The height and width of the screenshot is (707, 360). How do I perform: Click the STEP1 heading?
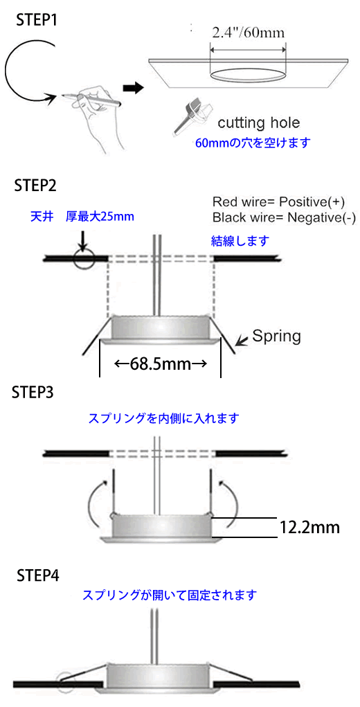pos(37,21)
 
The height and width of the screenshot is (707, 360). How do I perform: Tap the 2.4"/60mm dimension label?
pos(249,33)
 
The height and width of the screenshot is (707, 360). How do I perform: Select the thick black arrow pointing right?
pos(132,87)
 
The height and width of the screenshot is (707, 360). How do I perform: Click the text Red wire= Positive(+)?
pos(280,201)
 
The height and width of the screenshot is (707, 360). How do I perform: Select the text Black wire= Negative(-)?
pos(284,218)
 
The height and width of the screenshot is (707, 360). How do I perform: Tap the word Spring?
pos(276,336)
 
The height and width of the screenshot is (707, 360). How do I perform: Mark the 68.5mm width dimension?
pos(160,364)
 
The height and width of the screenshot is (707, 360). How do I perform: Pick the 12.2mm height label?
pos(309,526)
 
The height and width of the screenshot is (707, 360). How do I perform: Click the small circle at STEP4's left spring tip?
pos(64,679)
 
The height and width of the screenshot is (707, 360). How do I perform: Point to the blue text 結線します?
pos(240,241)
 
